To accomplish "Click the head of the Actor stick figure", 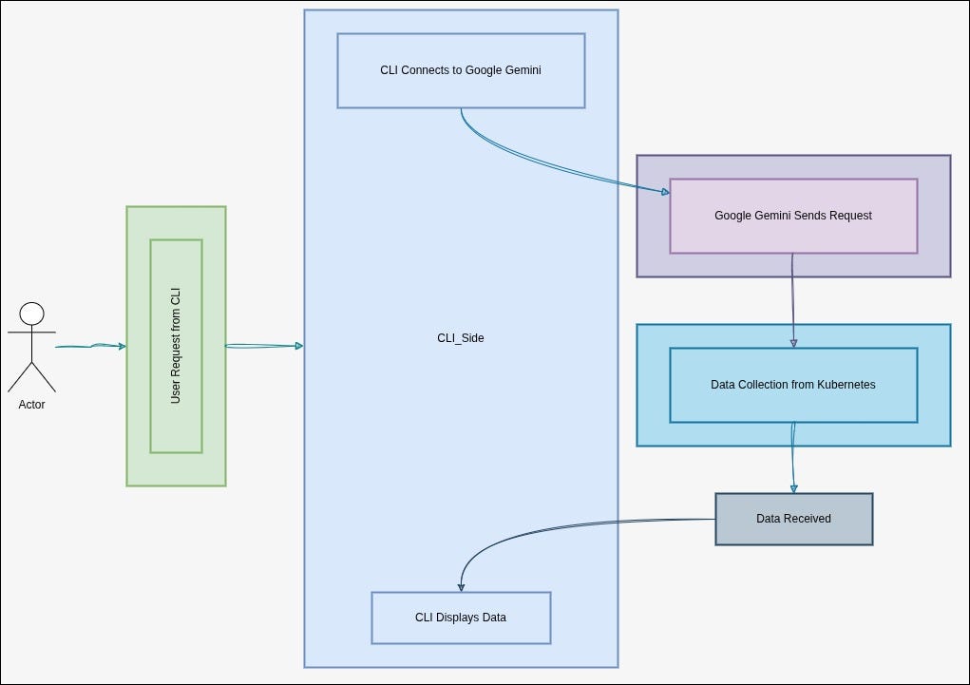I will pyautogui.click(x=32, y=314).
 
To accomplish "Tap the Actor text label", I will pyautogui.click(x=32, y=405).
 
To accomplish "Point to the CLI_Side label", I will pyautogui.click(x=461, y=338).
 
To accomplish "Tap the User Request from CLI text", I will pyautogui.click(x=176, y=347).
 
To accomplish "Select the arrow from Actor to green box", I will pyautogui.click(x=90, y=347).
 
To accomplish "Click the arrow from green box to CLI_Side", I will pyautogui.click(x=264, y=346).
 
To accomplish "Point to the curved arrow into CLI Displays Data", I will pyautogui.click(x=532, y=528).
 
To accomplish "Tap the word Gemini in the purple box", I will pyautogui.click(x=777, y=216).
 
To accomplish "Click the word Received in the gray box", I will pyautogui.click(x=808, y=519).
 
